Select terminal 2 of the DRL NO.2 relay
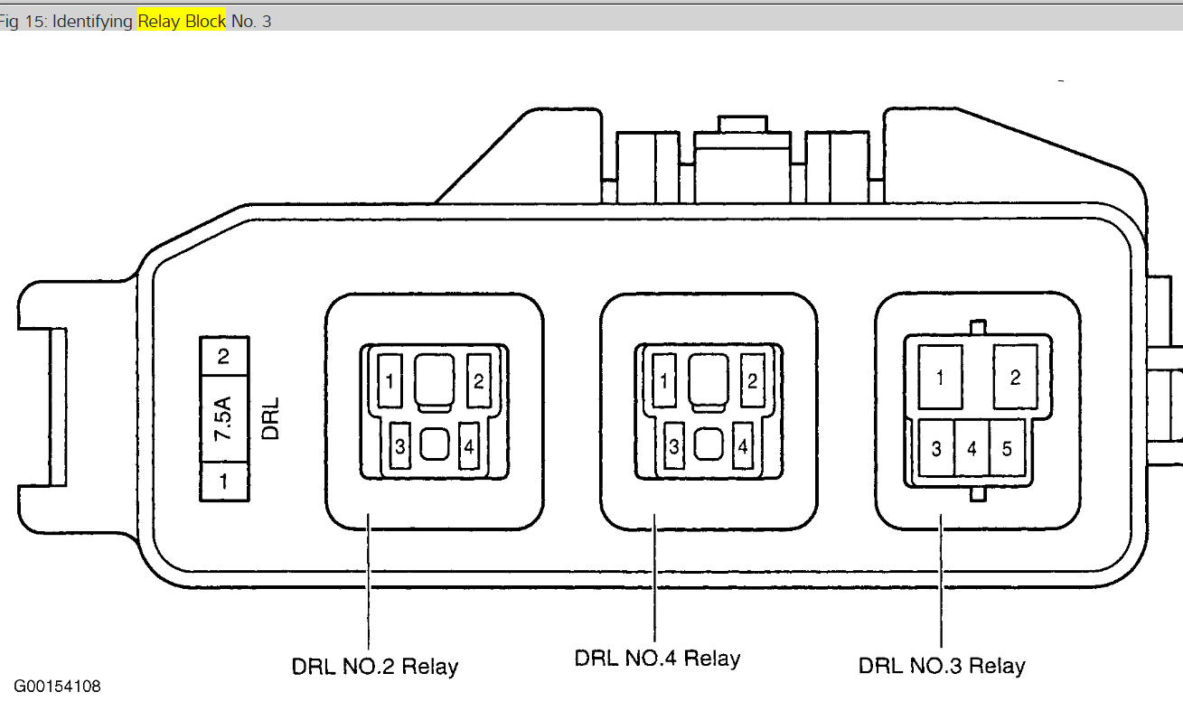pyautogui.click(x=476, y=380)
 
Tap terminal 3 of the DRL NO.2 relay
pyautogui.click(x=399, y=445)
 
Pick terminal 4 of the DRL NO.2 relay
pyautogui.click(x=468, y=445)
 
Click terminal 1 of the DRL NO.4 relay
pyautogui.click(x=664, y=381)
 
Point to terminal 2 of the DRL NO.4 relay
pyautogui.click(x=751, y=380)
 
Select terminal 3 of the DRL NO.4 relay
pyautogui.click(x=673, y=445)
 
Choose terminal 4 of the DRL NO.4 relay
pyautogui.click(x=742, y=445)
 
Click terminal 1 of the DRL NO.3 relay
pyautogui.click(x=940, y=378)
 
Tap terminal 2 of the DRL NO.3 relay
pyautogui.click(x=1015, y=378)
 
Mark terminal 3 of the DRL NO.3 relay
pyautogui.click(x=936, y=448)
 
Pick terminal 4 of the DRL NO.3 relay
pyautogui.click(x=972, y=448)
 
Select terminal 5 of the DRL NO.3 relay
pyautogui.click(x=1007, y=448)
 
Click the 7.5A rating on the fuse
pyautogui.click(x=222, y=419)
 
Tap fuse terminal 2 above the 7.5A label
pyautogui.click(x=223, y=356)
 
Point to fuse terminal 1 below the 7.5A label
pyautogui.click(x=223, y=482)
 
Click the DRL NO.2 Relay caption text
pyautogui.click(x=374, y=667)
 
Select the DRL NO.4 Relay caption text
pyautogui.click(x=657, y=658)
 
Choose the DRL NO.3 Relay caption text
pyautogui.click(x=942, y=667)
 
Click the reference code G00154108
pyautogui.click(x=57, y=687)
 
